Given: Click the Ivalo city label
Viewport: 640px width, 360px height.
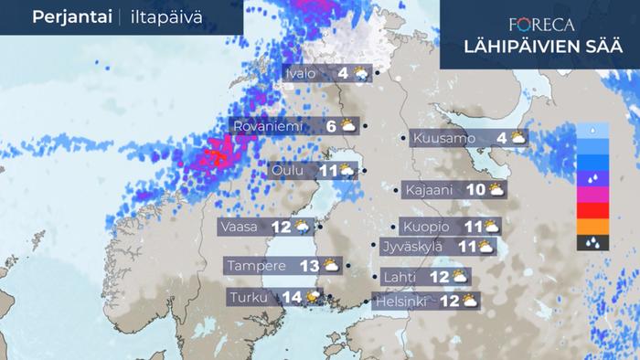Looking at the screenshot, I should [304, 73].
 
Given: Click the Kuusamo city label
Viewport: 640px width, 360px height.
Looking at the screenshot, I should [443, 139].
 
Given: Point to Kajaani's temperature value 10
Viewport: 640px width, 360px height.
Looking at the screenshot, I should [475, 190].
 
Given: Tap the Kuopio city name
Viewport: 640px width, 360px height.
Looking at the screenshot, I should [423, 226].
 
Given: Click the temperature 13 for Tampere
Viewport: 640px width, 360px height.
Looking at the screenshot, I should [309, 266].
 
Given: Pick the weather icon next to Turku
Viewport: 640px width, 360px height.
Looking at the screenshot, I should [315, 297].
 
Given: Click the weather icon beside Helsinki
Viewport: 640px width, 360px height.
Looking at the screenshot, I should [469, 300].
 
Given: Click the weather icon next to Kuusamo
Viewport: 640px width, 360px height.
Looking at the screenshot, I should [518, 139].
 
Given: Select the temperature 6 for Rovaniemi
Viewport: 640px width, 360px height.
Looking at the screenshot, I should [331, 126].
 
